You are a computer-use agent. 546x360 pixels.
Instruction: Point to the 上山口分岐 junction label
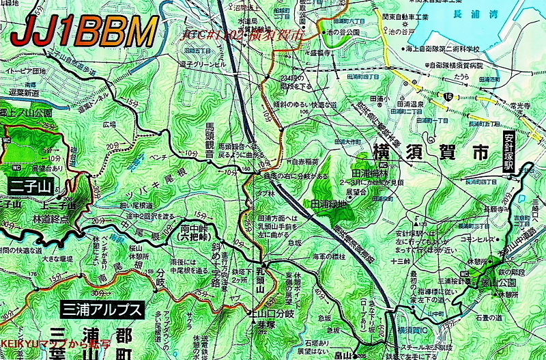coord(272,315)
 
